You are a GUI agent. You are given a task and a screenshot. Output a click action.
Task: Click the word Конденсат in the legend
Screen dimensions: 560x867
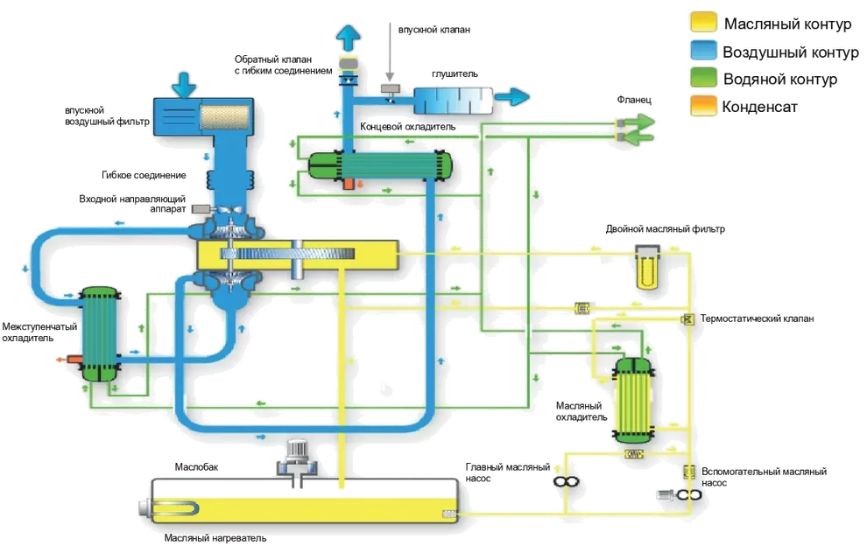tap(761, 108)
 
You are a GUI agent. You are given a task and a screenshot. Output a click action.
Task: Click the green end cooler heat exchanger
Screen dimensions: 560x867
tap(377, 164)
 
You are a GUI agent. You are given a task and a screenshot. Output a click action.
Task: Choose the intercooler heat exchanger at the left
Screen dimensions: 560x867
tap(98, 332)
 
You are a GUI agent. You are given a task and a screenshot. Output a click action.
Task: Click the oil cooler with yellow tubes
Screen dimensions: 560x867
tap(632, 398)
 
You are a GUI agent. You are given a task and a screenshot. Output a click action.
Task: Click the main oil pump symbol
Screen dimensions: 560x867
tap(562, 481)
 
